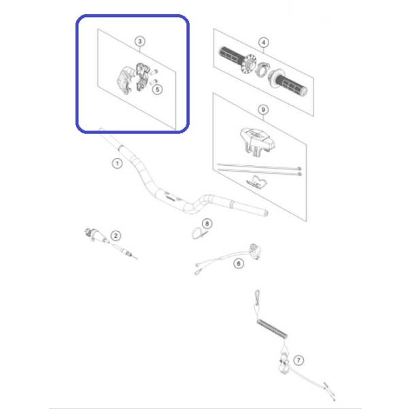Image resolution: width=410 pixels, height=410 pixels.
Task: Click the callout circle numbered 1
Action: coord(117,164)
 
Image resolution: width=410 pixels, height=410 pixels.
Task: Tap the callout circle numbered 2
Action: coord(116,236)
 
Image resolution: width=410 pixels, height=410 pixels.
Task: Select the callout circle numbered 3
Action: coord(140,41)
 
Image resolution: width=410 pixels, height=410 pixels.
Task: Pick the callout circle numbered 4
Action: coord(264,42)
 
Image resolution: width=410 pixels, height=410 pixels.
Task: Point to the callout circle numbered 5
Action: coord(158,90)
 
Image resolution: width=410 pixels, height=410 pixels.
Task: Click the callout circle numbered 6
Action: coord(239,263)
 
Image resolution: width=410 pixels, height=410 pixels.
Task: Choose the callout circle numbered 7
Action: coord(298,360)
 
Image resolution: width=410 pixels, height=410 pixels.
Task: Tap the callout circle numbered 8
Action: coord(207,224)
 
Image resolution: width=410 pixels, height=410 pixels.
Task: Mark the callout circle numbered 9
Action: coord(263,109)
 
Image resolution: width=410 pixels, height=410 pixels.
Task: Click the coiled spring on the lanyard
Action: coord(272,329)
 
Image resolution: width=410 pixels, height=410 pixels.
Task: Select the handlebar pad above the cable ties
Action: coord(257,141)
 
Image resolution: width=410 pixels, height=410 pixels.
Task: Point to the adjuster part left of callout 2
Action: coord(95,235)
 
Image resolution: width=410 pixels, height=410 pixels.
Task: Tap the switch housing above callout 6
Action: coord(255,251)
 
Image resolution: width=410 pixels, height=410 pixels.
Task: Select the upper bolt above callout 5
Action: coord(154,71)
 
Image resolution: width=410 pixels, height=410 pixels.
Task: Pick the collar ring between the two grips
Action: coord(262,69)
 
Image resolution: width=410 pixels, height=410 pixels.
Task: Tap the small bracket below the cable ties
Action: coord(257,182)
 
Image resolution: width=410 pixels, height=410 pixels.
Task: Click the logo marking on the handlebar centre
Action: coord(169,197)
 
